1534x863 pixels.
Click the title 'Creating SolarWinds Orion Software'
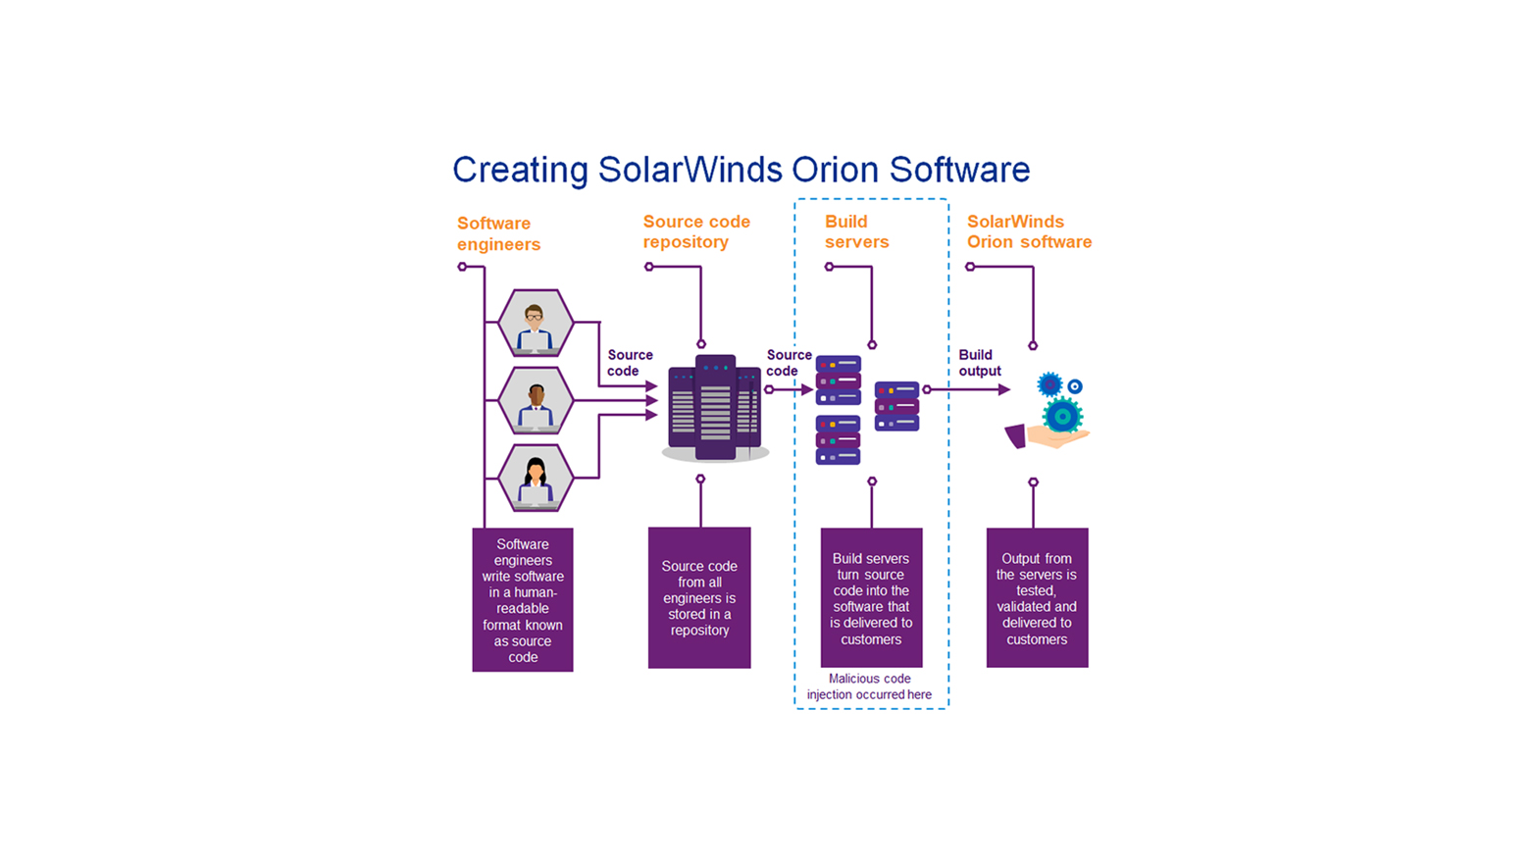click(741, 170)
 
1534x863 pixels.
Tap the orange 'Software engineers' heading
click(498, 233)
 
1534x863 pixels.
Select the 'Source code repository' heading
click(696, 231)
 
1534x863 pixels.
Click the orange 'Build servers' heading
click(856, 231)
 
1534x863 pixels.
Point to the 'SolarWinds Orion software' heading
click(1029, 231)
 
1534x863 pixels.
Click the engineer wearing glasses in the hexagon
click(535, 323)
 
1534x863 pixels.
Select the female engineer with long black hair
click(535, 478)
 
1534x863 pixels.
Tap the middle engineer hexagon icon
click(535, 400)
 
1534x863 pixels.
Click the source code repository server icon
click(715, 408)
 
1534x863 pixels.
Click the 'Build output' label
click(979, 363)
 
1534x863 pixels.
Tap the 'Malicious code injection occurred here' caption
click(869, 686)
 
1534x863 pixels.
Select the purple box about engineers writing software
click(523, 600)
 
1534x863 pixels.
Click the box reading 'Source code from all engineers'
click(699, 598)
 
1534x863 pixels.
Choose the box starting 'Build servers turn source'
click(871, 598)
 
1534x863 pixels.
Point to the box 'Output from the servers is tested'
click(1037, 598)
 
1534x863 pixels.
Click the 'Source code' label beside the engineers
click(629, 363)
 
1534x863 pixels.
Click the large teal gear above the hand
click(1062, 416)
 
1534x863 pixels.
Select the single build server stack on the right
click(896, 406)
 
